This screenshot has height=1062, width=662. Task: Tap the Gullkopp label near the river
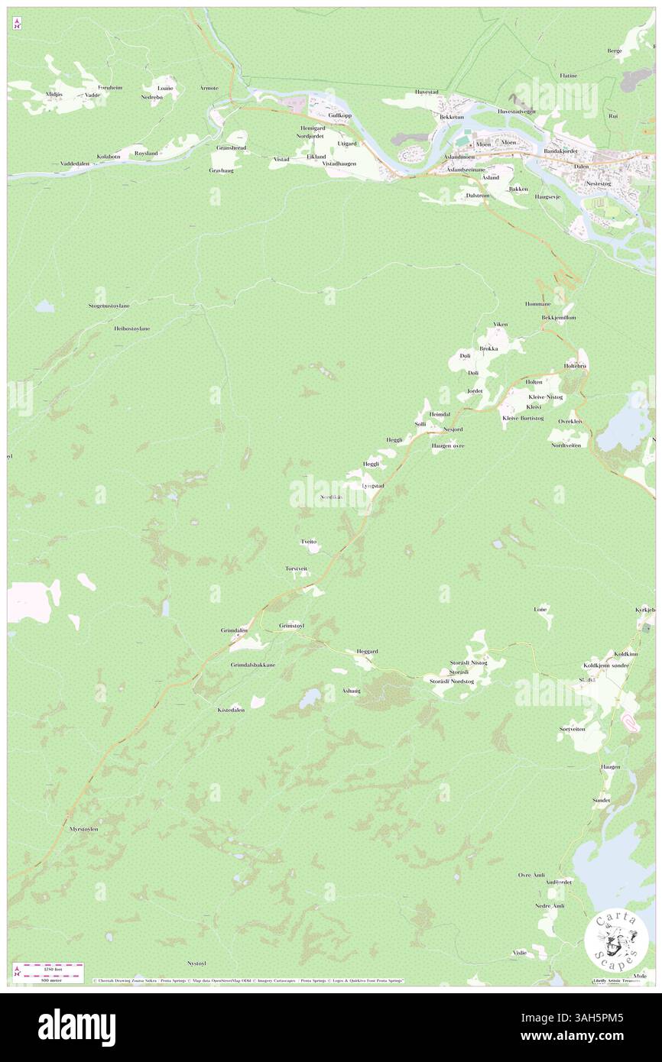(339, 115)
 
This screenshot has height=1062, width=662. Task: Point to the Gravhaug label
(221, 170)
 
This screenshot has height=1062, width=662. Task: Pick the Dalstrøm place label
(477, 196)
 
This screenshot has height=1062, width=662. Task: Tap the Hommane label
(537, 303)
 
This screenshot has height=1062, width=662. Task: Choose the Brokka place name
(488, 348)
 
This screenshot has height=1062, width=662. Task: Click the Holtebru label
(576, 365)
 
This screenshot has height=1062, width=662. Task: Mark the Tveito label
(309, 541)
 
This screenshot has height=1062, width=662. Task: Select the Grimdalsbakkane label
(253, 665)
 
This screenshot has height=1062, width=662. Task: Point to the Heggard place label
(367, 651)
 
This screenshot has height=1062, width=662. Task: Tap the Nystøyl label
(197, 963)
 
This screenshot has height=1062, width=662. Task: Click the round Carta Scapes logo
(616, 941)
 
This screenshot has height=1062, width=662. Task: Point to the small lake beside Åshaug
(310, 698)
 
